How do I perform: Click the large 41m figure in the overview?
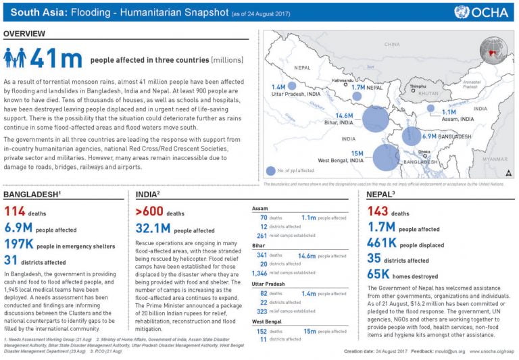[57, 59]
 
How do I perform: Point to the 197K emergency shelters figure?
[22, 245]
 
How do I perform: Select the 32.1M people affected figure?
[154, 230]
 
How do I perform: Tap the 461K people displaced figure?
[382, 245]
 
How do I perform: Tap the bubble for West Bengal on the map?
[386, 157]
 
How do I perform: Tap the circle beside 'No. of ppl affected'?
[271, 171]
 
